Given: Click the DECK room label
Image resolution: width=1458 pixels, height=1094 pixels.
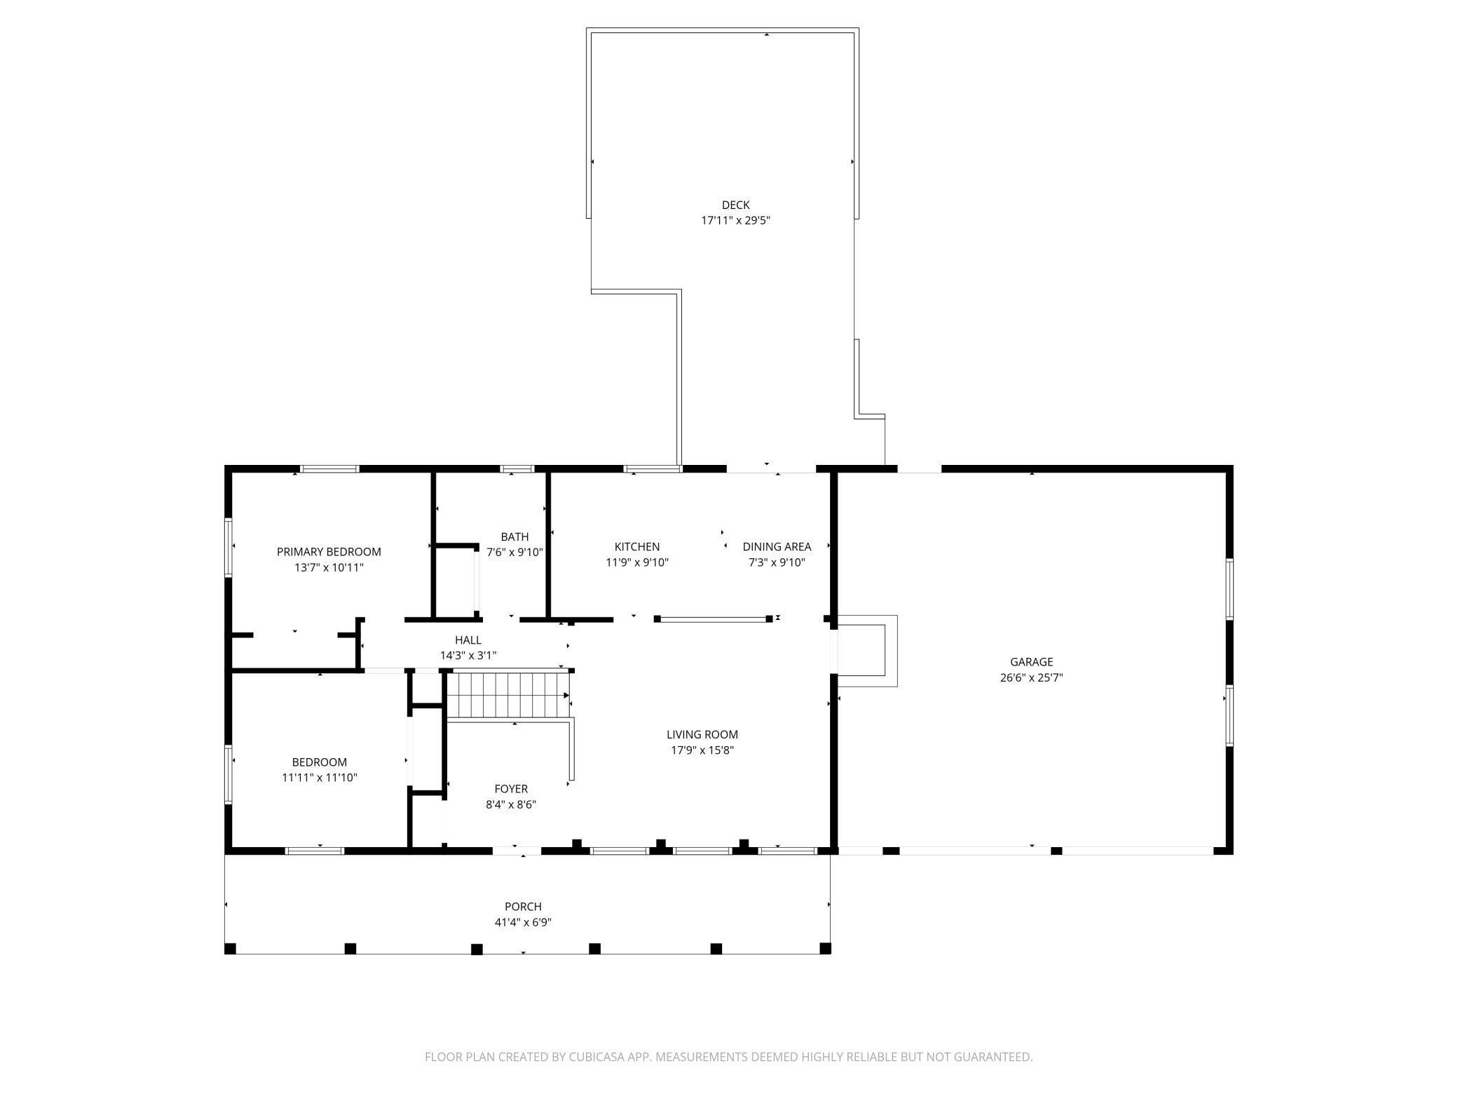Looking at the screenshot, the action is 735,205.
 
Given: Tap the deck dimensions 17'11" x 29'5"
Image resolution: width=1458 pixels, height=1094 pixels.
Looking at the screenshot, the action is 735,220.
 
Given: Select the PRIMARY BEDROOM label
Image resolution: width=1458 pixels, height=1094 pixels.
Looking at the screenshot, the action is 329,552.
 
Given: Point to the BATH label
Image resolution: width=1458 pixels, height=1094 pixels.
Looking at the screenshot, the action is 515,537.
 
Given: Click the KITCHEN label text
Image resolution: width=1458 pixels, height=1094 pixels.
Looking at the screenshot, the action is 637,547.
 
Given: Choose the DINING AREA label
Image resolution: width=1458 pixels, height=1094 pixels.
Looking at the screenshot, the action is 777,547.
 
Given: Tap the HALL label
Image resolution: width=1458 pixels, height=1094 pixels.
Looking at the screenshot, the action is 468,640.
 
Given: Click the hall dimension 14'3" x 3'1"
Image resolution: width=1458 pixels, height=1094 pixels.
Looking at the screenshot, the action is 468,656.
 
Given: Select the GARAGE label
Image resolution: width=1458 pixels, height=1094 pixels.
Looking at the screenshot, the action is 1031,662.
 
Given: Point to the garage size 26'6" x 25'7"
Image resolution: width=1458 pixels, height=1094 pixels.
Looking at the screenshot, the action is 1031,678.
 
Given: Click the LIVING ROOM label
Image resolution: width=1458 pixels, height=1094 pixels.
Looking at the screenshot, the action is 702,735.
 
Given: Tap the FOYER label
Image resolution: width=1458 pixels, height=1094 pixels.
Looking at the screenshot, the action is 511,789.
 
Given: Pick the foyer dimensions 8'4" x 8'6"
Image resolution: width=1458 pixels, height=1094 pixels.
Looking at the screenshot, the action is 511,805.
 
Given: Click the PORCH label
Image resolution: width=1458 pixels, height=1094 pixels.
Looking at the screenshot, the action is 523,907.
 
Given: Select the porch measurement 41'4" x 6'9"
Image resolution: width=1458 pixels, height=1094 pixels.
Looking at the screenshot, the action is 523,923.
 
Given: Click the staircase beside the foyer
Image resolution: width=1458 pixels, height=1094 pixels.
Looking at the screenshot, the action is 508,695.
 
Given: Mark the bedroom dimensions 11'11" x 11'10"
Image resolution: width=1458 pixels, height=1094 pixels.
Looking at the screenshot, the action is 320,778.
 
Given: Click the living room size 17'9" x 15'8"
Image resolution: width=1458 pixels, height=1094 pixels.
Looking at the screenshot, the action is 702,750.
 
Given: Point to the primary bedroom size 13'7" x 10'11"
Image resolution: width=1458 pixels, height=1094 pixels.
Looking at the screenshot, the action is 329,568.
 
